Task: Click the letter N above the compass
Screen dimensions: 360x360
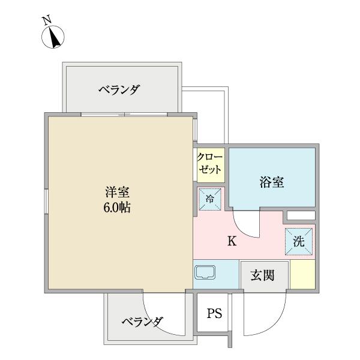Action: (x=46, y=20)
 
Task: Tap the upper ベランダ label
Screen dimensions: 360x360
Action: (x=119, y=90)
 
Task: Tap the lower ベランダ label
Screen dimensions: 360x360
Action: (x=142, y=322)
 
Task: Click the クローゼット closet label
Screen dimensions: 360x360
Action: (x=209, y=163)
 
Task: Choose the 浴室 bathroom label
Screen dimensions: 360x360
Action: (x=271, y=182)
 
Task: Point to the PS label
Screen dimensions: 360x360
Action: (x=214, y=313)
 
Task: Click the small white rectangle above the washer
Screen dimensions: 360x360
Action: (x=300, y=215)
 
